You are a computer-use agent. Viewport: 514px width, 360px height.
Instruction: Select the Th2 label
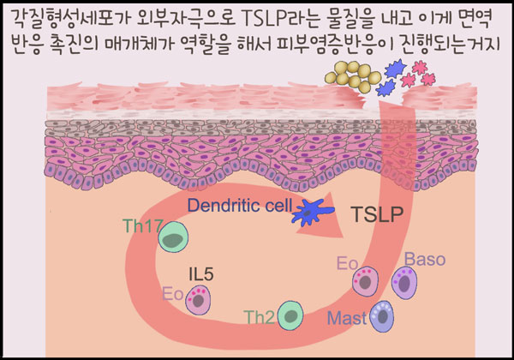point(260,319)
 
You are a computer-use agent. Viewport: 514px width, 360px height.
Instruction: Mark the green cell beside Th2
point(291,317)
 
